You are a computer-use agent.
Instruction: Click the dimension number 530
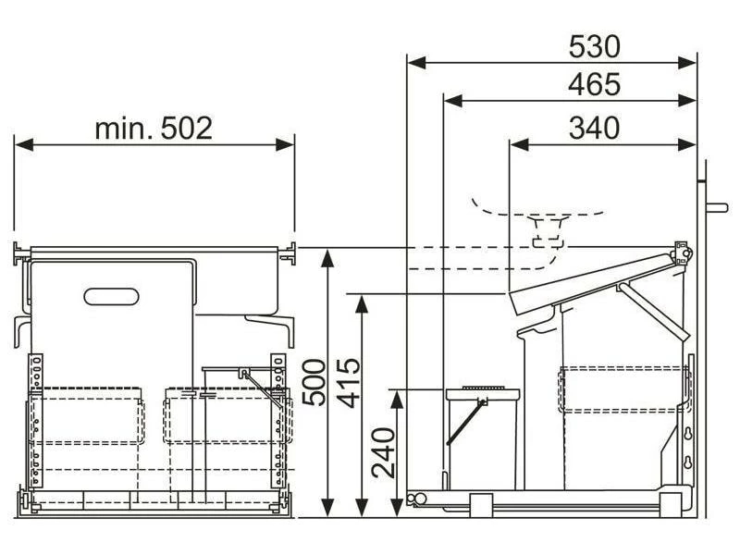click(594, 47)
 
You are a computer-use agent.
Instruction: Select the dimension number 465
click(594, 84)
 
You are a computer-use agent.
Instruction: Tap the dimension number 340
click(594, 128)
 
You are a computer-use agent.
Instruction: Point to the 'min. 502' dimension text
click(154, 129)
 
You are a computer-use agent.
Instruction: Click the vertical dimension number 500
click(314, 382)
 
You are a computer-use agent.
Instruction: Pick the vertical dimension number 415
click(349, 383)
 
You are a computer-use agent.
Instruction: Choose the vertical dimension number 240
click(383, 453)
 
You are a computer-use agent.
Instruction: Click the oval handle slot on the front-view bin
click(111, 296)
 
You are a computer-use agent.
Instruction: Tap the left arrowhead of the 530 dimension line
click(417, 62)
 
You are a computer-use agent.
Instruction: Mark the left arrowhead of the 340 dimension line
click(519, 145)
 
